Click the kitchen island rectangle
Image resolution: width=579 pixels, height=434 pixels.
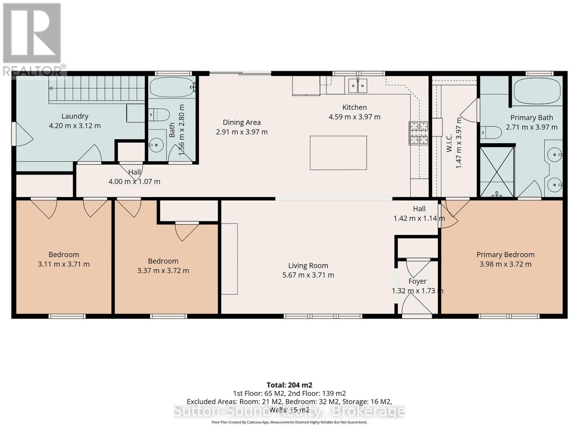(338, 153)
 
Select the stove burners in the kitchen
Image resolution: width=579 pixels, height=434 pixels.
(418, 133)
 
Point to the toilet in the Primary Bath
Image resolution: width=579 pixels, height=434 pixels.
(491, 132)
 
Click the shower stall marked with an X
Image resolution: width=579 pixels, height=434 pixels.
(497, 172)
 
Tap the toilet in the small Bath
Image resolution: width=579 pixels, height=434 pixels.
(159, 115)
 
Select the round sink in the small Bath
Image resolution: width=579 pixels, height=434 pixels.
(156, 145)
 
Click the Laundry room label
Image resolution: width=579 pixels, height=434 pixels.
(75, 116)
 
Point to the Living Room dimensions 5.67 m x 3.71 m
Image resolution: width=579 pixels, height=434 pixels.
(308, 275)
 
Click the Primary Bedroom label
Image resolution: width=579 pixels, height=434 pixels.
(506, 255)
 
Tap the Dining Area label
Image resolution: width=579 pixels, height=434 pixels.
(242, 122)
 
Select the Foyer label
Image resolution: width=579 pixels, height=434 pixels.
(418, 281)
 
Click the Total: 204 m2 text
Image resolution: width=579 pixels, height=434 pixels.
(289, 385)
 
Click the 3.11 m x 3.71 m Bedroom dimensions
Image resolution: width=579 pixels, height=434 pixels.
(64, 264)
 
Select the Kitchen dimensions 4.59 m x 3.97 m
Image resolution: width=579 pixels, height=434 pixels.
(355, 117)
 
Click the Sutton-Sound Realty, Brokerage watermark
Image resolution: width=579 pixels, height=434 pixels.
(289, 411)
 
